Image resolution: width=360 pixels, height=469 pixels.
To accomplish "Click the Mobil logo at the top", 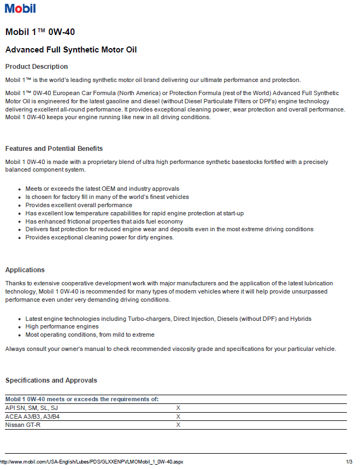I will click(20, 8).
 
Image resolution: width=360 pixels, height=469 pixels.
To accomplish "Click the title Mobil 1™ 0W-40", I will click(40, 32).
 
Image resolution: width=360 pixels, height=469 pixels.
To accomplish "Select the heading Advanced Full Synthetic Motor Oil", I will click(70, 50).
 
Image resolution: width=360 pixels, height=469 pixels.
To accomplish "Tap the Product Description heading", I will click(37, 67).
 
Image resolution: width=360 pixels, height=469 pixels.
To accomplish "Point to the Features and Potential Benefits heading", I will click(54, 149).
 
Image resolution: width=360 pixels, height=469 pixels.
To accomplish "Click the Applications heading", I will click(25, 270).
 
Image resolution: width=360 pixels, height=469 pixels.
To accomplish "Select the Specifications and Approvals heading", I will click(51, 380).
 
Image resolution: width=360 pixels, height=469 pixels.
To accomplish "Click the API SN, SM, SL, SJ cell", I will click(31, 408).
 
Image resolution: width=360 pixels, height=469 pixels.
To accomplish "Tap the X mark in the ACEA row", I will click(178, 417).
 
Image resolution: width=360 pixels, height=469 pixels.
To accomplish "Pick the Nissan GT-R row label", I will click(22, 425).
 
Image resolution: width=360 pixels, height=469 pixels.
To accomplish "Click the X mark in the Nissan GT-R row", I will click(178, 425).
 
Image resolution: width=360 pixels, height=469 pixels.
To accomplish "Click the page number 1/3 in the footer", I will click(349, 462).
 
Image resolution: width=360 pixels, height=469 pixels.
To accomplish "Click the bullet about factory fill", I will click(107, 197).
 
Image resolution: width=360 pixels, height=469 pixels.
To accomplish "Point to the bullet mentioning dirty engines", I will click(99, 238).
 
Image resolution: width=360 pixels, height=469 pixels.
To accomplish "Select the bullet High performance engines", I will click(62, 326).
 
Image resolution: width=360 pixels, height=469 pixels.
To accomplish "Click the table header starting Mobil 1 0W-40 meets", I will click(82, 400).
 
